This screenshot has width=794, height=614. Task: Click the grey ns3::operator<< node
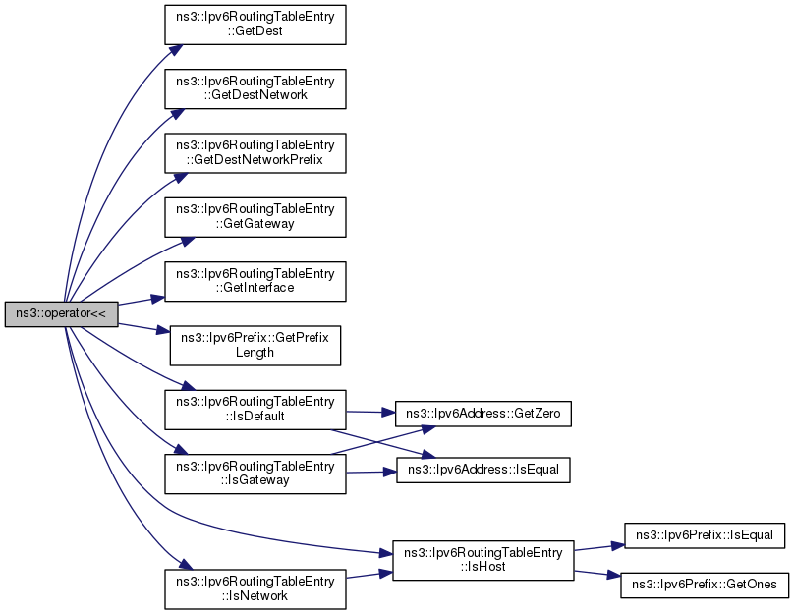61,313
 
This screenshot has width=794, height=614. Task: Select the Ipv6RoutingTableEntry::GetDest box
255,25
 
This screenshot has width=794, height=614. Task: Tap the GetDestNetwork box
255,88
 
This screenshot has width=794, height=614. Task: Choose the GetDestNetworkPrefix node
255,153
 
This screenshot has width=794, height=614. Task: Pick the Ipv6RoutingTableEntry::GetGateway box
255,217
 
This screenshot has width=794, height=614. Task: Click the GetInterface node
255,281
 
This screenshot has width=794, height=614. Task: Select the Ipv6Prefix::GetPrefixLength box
255,346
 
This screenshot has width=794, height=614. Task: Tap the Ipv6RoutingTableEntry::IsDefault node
255,410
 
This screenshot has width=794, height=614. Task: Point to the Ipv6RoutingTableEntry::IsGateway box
255,474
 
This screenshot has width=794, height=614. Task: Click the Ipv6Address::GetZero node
483,414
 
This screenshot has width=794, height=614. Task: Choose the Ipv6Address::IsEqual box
483,471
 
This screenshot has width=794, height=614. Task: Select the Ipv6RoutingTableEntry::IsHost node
483,560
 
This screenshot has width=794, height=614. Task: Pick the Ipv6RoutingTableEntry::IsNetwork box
255,589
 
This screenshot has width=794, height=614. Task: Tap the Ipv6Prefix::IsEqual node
705,535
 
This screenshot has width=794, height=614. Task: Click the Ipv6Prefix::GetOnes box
705,585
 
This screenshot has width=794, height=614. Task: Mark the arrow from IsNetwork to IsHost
369,575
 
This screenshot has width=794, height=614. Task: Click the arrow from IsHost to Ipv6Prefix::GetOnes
597,574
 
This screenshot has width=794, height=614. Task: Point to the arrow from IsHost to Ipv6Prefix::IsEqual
599,547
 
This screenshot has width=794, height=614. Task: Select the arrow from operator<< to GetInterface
142,302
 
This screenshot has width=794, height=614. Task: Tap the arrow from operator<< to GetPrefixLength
143,328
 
